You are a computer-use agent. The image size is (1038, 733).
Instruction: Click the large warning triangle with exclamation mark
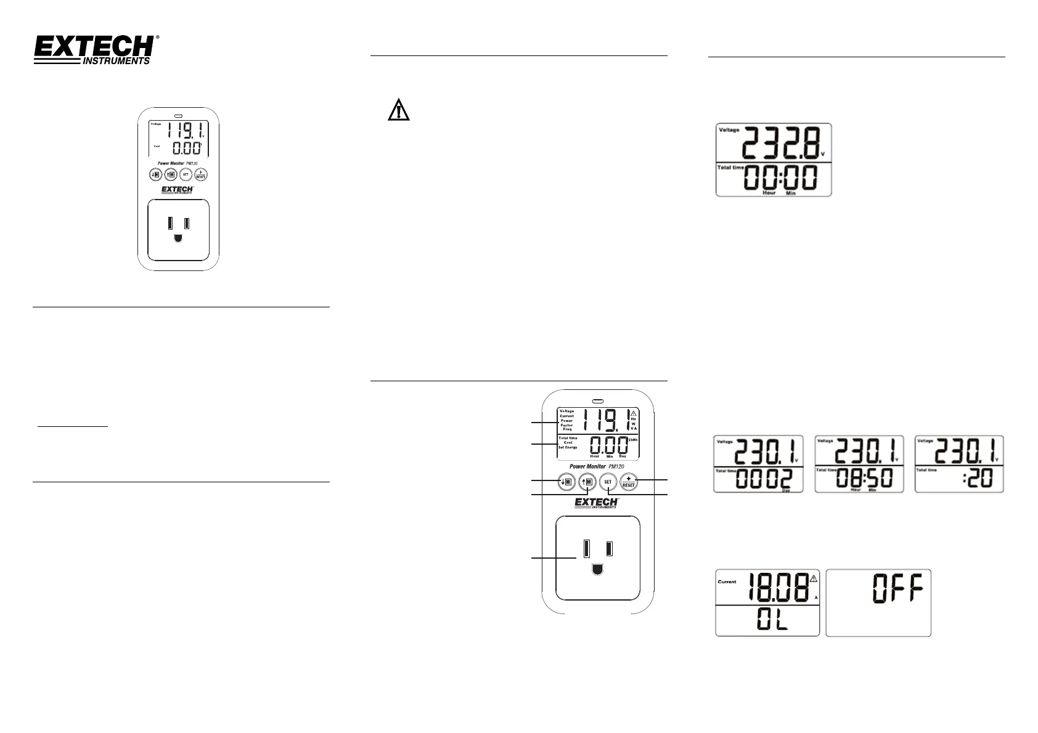(399, 110)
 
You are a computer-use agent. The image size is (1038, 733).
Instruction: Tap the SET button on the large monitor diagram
(608, 482)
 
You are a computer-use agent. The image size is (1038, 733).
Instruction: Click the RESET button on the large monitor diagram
(628, 482)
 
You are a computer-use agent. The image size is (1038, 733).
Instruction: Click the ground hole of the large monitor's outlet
(597, 569)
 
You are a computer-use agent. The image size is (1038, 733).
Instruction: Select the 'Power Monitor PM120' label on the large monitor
(597, 466)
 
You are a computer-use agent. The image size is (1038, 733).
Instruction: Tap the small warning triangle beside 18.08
(814, 578)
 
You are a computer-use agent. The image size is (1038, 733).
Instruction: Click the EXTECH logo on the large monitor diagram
(596, 503)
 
